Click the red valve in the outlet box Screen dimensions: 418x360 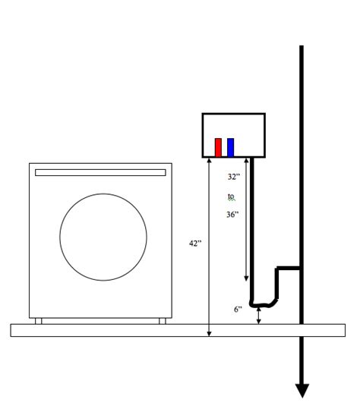[218, 147]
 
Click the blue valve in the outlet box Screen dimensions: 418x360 [230, 147]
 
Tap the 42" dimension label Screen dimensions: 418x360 [195, 244]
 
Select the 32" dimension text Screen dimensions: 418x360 [233, 177]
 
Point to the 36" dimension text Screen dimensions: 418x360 [232, 214]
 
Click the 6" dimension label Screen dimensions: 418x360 [238, 310]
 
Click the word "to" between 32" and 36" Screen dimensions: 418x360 [232, 196]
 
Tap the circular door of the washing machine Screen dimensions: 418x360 [103, 237]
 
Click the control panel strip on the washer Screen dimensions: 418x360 [100, 172]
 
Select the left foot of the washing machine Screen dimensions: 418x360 [39, 321]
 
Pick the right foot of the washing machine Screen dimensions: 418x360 [162, 321]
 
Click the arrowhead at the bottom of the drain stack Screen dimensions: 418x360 [302, 390]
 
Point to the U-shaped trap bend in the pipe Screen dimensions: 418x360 [262, 305]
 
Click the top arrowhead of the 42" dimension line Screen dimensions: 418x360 [209, 162]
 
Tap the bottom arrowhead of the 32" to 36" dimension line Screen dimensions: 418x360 [245, 278]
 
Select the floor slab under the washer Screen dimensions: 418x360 [178, 330]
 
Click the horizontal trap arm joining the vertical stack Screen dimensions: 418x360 [289, 268]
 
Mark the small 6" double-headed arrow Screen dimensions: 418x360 [259, 316]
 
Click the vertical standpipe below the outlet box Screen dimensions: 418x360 [252, 228]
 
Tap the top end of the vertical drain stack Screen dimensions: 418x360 [302, 48]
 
